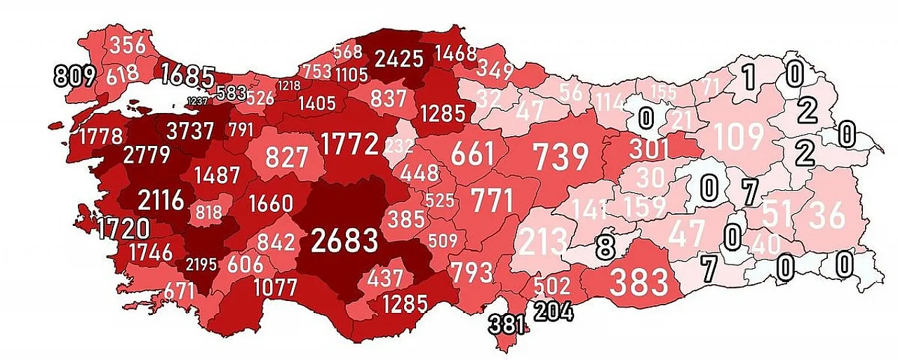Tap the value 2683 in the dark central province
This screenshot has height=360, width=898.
click(x=344, y=241)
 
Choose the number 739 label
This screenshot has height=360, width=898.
click(x=561, y=156)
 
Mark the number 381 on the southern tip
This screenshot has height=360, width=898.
click(x=508, y=324)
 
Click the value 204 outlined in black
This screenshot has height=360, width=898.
click(x=554, y=311)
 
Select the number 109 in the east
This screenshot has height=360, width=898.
click(x=739, y=137)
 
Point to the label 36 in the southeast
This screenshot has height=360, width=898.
click(x=828, y=216)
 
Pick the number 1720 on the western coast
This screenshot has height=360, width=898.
click(x=123, y=228)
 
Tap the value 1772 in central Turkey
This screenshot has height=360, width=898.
click(x=350, y=144)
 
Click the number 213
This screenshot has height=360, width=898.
click(x=543, y=243)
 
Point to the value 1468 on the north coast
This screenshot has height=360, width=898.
click(x=455, y=53)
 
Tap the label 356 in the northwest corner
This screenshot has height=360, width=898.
click(x=128, y=45)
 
